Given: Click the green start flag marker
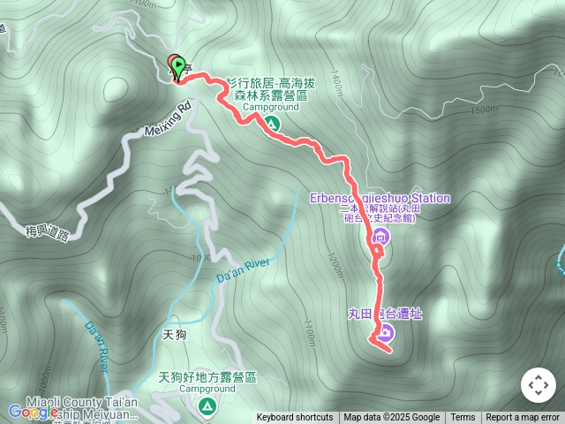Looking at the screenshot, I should point(180,66).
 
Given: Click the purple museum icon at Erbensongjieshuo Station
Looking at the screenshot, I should point(380,236).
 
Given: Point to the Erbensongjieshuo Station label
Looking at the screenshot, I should point(380,199).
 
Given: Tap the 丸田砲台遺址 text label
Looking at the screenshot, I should point(385,314).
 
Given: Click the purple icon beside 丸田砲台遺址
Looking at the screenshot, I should point(386,333).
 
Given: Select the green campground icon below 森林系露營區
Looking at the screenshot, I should point(271,122).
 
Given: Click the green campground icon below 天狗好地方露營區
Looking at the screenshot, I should point(207,405).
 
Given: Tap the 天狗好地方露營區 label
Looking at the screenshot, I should point(207,377).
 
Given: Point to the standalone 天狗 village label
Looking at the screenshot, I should point(177,335).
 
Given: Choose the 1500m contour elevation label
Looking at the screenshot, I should point(485,110).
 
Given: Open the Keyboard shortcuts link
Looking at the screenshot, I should point(295,418).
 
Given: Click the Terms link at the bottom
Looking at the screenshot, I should point(463,418).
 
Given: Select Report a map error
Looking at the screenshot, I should point(523,418).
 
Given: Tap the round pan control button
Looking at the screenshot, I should point(538,385).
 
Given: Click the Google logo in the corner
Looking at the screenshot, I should point(34,412).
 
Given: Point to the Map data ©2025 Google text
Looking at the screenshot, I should point(391,418).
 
